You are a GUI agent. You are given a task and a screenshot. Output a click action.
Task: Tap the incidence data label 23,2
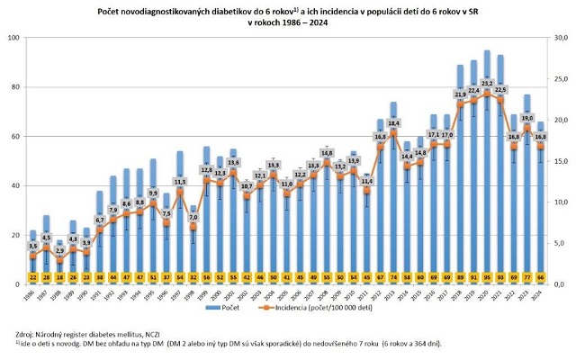(487, 82)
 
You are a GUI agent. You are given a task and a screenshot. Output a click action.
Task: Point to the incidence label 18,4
(393, 123)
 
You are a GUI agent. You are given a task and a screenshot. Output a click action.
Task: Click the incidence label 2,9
(60, 251)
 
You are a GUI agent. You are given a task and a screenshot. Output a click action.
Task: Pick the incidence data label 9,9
(154, 193)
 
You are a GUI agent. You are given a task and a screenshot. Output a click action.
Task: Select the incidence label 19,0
(527, 118)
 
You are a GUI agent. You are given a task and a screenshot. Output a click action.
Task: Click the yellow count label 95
(487, 278)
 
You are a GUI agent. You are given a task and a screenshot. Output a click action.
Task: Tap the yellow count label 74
(393, 278)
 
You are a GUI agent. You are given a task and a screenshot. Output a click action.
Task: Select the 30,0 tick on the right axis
(559, 38)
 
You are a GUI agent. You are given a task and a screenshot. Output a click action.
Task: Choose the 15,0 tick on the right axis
(559, 161)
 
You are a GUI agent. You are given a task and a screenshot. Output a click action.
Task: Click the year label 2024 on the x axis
(541, 293)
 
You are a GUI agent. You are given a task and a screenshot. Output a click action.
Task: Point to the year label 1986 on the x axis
(32, 293)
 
